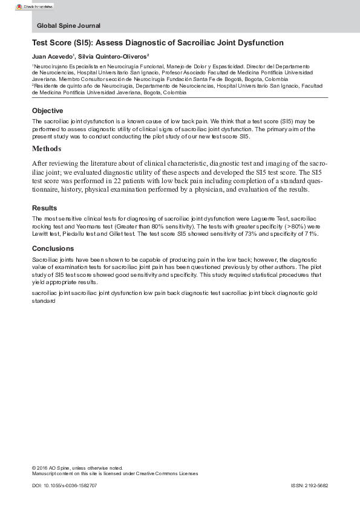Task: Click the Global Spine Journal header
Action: [68, 26]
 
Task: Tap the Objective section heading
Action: [47, 111]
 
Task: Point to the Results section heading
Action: [44, 207]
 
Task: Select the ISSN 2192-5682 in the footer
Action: [309, 485]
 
